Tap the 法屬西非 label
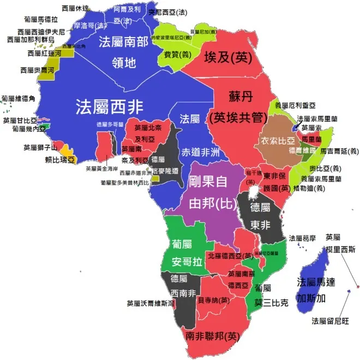click(x=109, y=105)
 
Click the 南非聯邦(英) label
click(x=213, y=335)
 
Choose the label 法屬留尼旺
click(x=329, y=320)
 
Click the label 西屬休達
click(x=76, y=8)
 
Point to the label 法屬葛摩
click(x=302, y=238)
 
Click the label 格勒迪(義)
click(x=309, y=188)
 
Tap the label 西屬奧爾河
click(x=37, y=70)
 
